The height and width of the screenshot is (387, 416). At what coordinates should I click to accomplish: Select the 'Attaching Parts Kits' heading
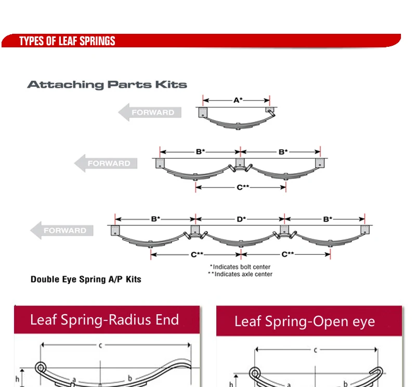click(x=107, y=84)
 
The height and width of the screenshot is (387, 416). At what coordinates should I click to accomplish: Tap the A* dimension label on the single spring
click(x=238, y=100)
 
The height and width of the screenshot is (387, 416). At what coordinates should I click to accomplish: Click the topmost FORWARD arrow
click(x=150, y=112)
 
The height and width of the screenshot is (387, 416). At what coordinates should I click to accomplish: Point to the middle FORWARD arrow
click(x=106, y=163)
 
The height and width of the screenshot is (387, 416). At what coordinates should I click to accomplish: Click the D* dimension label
click(x=241, y=220)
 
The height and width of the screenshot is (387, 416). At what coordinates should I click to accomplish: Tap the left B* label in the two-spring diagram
click(x=200, y=152)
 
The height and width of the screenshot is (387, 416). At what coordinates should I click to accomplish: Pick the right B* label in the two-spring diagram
click(x=283, y=152)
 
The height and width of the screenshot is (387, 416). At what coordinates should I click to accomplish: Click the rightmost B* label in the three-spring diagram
click(x=327, y=220)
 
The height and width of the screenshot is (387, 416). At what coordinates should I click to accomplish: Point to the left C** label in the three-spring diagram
click(x=197, y=254)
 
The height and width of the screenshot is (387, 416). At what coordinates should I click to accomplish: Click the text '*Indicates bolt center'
click(x=240, y=267)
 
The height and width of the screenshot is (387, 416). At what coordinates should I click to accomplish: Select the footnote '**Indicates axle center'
click(x=240, y=274)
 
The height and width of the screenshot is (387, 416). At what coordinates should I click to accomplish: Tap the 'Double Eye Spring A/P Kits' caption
click(x=86, y=279)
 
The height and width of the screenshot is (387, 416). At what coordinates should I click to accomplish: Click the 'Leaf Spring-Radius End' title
click(x=105, y=319)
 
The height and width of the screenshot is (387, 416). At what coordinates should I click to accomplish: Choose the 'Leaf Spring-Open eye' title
click(x=304, y=321)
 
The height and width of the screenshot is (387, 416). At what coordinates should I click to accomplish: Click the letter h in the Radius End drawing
click(x=18, y=379)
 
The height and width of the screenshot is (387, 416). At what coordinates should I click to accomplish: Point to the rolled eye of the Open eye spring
click(x=254, y=373)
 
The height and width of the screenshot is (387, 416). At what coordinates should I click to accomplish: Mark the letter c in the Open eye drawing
click(x=316, y=350)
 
